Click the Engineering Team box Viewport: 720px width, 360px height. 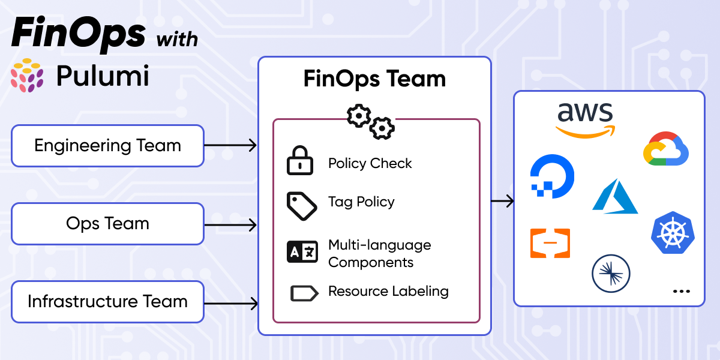108,146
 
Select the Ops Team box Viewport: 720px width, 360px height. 108,224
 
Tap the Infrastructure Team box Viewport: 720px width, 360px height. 108,301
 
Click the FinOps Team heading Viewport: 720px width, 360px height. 374,79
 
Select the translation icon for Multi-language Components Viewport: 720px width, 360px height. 302,252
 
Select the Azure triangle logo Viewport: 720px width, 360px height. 615,196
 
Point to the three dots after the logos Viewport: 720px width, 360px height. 681,291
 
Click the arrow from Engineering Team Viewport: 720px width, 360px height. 230,145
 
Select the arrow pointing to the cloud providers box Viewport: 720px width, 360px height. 502,201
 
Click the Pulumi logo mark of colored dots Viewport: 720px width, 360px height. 28,76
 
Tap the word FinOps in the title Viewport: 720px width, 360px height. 78,34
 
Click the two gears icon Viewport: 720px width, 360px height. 371,121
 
